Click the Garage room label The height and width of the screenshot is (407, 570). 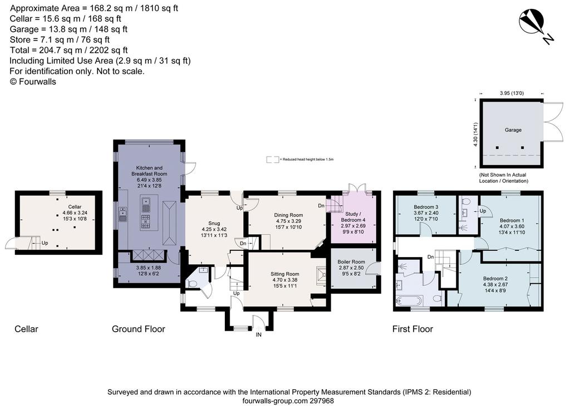513,130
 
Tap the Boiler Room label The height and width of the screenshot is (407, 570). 351,261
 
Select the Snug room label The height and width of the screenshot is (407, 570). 214,224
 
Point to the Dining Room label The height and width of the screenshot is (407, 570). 288,215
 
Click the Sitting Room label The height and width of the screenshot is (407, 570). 284,274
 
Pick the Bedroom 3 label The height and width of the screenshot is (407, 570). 426,207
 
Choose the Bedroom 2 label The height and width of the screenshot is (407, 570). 495,279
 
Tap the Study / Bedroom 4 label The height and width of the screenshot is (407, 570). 353,217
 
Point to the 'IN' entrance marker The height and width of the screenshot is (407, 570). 258,335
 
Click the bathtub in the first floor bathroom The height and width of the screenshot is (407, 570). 410,301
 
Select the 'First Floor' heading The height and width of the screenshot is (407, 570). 412,329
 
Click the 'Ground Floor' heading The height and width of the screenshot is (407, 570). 139,329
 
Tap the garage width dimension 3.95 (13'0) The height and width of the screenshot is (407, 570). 512,93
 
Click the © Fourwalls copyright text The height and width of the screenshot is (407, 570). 33,81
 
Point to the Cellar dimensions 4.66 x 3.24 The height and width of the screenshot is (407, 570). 75,213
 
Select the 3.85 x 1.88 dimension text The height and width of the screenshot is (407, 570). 149,268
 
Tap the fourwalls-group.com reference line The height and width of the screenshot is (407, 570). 288,401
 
